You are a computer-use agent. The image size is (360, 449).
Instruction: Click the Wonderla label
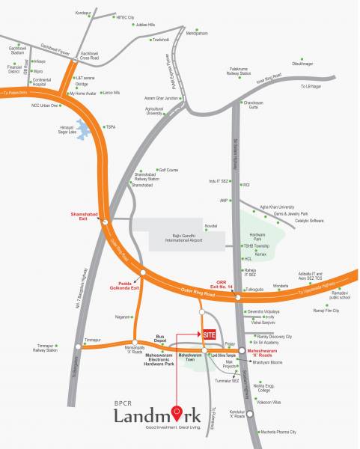pyautogui.click(x=281, y=284)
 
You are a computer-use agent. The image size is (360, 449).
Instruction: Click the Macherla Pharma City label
pyautogui.click(x=278, y=432)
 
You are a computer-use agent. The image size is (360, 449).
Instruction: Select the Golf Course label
pyautogui.click(x=168, y=170)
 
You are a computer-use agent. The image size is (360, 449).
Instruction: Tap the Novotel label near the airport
pyautogui.click(x=211, y=225)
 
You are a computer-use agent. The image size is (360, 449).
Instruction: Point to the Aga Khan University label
pyautogui.click(x=277, y=207)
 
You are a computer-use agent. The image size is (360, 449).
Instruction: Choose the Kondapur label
pyautogui.click(x=82, y=13)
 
